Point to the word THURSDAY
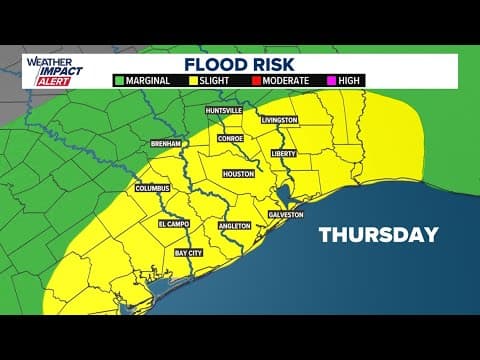[378, 235]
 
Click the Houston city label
[238, 173]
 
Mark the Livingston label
[279, 120]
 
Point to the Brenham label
[164, 144]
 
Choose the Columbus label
[153, 188]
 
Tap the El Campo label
[175, 224]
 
